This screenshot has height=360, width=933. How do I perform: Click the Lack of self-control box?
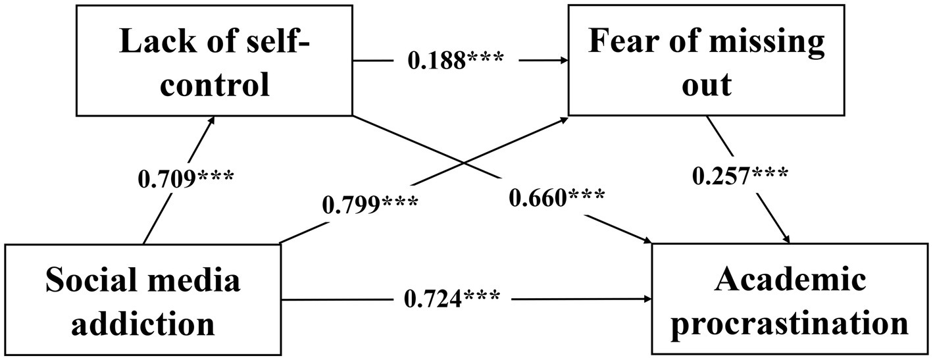(x=215, y=63)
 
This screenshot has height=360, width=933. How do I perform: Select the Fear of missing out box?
(x=705, y=63)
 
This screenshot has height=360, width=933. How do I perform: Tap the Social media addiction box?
(x=143, y=299)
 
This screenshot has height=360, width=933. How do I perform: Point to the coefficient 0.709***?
(x=185, y=179)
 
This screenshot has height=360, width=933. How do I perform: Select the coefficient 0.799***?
(x=369, y=205)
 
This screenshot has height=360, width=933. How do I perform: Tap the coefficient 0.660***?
(x=557, y=195)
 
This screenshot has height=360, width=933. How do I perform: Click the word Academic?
(x=790, y=281)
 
